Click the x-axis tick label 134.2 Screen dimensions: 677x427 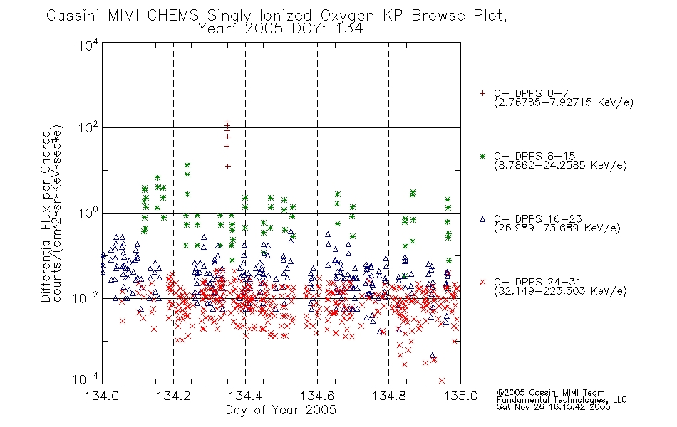tap(173, 396)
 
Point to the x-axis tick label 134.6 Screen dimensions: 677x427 tap(317, 396)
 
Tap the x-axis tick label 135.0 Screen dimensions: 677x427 tap(460, 396)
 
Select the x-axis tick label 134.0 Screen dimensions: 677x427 tap(102, 396)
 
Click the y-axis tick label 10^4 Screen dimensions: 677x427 tap(88, 45)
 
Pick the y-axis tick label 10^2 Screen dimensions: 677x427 tap(88, 128)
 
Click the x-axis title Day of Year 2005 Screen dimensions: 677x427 tap(281, 410)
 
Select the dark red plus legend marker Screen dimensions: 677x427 tap(482, 93)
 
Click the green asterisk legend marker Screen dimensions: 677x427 tap(482, 156)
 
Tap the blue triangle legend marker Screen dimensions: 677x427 tap(482, 219)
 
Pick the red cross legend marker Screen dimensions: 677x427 tap(482, 282)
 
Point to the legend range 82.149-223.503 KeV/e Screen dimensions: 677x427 tap(560, 290)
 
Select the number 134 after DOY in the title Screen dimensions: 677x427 tap(349, 29)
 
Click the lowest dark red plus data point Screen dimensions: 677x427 tap(227, 166)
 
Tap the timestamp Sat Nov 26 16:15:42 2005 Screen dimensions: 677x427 tap(553, 407)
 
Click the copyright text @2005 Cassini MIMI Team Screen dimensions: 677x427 tap(550, 393)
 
